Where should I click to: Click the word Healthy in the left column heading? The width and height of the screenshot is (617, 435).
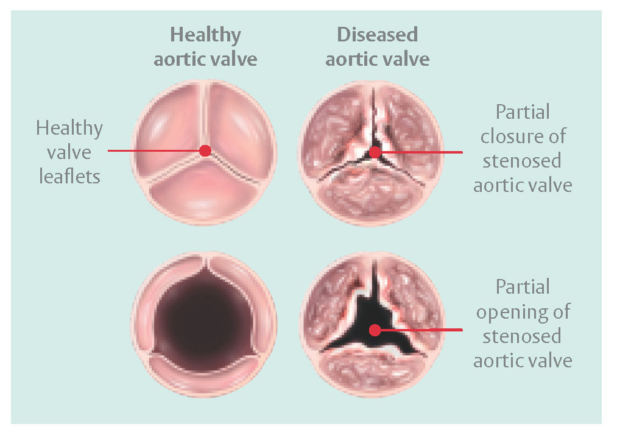[205, 35]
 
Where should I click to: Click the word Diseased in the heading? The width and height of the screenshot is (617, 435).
[378, 35]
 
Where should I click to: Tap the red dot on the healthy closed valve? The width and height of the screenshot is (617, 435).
[205, 150]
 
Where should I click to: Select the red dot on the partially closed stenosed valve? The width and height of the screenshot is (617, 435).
[375, 152]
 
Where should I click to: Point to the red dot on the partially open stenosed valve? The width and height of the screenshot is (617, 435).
[375, 330]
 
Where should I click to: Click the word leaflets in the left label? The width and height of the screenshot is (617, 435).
[69, 176]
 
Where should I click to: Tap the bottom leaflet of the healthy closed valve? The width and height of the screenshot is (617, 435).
[205, 193]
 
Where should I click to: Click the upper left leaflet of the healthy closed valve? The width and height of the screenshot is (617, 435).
[170, 127]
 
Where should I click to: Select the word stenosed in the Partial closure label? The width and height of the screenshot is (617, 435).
[522, 161]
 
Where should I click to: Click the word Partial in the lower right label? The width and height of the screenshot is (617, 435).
[523, 286]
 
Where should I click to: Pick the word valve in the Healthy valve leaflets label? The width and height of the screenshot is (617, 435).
[69, 152]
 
